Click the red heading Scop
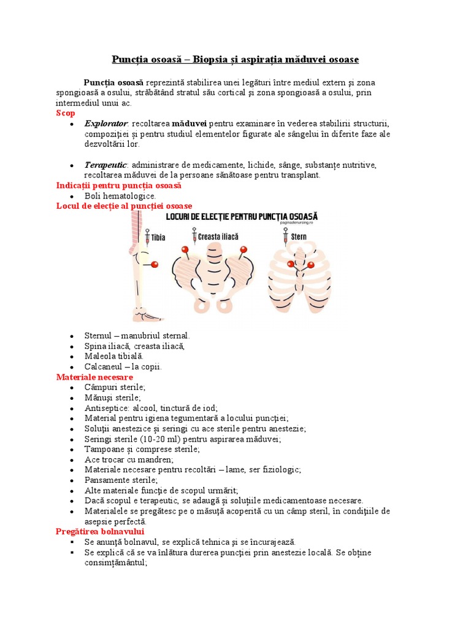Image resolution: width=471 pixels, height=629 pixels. click(x=66, y=114)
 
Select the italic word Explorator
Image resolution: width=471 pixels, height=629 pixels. click(x=106, y=123)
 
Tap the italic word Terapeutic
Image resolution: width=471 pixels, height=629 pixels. click(x=106, y=165)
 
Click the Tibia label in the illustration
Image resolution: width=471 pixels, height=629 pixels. click(x=158, y=236)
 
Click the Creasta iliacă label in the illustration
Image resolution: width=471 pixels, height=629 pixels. click(x=220, y=236)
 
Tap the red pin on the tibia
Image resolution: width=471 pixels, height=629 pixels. click(x=155, y=264)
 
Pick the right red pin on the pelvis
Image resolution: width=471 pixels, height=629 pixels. click(x=243, y=249)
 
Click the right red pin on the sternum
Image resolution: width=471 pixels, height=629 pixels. click(x=310, y=265)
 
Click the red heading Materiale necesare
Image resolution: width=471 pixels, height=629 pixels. click(x=94, y=377)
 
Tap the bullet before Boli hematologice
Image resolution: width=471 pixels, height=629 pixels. click(x=72, y=196)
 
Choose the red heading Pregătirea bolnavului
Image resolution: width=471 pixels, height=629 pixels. click(x=99, y=531)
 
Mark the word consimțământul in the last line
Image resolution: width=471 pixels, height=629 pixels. click(x=116, y=563)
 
